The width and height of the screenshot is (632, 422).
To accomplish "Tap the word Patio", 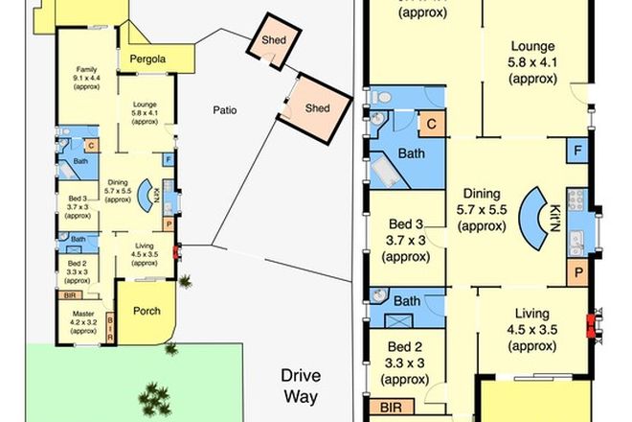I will (225, 110).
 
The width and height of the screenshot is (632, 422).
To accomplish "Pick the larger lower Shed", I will (316, 107).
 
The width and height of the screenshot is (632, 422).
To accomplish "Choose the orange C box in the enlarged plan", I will (432, 124).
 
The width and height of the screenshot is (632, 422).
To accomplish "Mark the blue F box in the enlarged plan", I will (577, 152).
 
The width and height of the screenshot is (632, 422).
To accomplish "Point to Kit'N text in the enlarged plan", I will (554, 219).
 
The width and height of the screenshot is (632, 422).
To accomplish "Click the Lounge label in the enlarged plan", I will (533, 60).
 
